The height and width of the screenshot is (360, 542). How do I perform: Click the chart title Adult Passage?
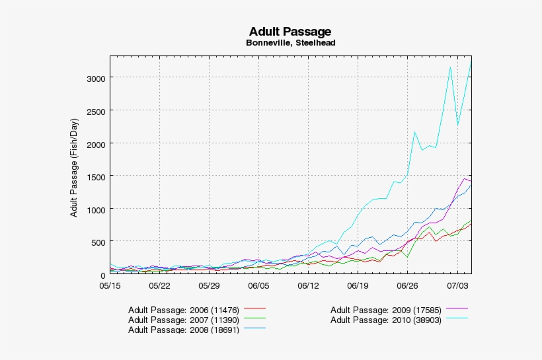click(290, 32)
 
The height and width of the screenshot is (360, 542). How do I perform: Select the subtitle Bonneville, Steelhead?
click(290, 44)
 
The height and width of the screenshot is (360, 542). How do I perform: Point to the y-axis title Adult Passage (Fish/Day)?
click(75, 168)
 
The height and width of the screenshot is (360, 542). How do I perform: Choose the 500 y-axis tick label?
click(97, 242)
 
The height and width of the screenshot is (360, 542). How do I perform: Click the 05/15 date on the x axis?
click(110, 286)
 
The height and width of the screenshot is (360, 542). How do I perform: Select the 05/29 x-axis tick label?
click(209, 286)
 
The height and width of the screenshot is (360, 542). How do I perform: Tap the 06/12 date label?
click(308, 286)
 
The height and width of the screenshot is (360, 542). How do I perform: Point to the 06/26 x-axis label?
click(407, 286)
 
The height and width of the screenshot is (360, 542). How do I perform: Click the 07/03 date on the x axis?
click(457, 286)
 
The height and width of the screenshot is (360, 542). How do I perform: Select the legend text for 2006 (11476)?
click(183, 309)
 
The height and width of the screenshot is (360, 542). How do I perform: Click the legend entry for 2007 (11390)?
click(183, 320)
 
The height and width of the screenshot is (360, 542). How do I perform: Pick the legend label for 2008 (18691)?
click(183, 330)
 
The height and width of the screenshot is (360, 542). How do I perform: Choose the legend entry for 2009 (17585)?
click(385, 309)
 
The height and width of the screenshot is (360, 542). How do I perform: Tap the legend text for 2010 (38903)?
click(385, 320)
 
